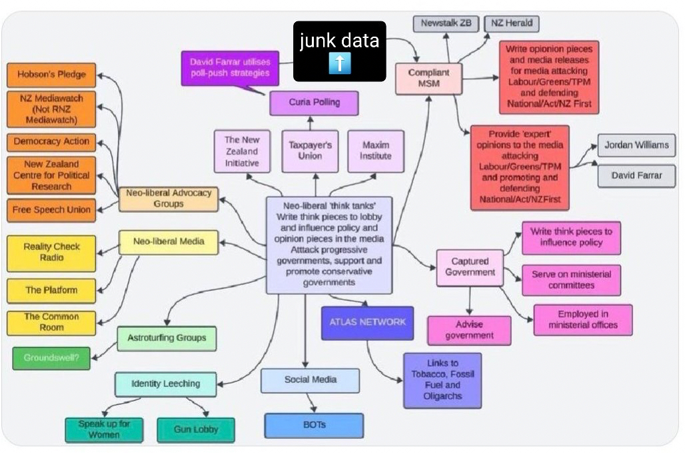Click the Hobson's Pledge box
coord(51,75)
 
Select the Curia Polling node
coord(314,103)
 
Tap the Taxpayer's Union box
coord(310,151)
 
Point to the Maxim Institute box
coord(376,151)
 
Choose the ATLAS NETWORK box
coord(367,322)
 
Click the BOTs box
coord(313,425)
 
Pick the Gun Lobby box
coord(196,430)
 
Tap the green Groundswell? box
coord(51,358)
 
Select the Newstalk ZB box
coord(446,23)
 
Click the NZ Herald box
coord(511,23)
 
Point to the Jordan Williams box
coord(636,145)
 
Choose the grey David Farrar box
coord(636,176)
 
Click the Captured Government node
coord(470,267)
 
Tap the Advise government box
coord(469,330)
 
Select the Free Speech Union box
coord(51,210)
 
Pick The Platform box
coord(51,290)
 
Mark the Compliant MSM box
coord(428,78)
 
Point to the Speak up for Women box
coord(104,430)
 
